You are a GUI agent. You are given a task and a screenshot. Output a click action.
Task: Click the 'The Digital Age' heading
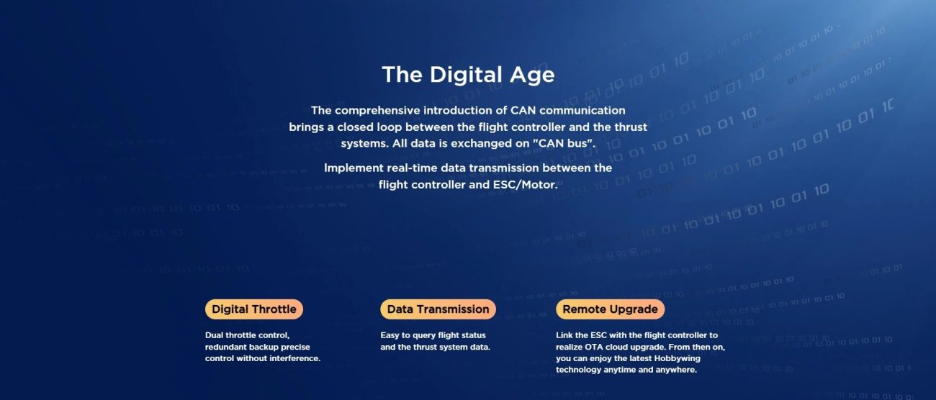(468, 75)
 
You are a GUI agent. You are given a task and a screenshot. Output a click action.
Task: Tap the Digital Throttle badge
(254, 309)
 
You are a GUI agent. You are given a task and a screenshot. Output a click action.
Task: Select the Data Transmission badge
(438, 309)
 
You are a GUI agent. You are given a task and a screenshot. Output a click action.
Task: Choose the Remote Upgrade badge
(610, 309)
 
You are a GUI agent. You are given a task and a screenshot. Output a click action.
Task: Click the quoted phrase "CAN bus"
(563, 143)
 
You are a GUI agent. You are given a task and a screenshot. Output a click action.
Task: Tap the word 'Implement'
(354, 168)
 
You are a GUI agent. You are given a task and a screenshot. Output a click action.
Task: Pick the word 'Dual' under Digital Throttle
(214, 335)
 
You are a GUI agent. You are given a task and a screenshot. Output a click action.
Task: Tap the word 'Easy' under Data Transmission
(390, 335)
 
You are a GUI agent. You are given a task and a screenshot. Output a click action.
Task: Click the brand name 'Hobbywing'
(677, 359)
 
